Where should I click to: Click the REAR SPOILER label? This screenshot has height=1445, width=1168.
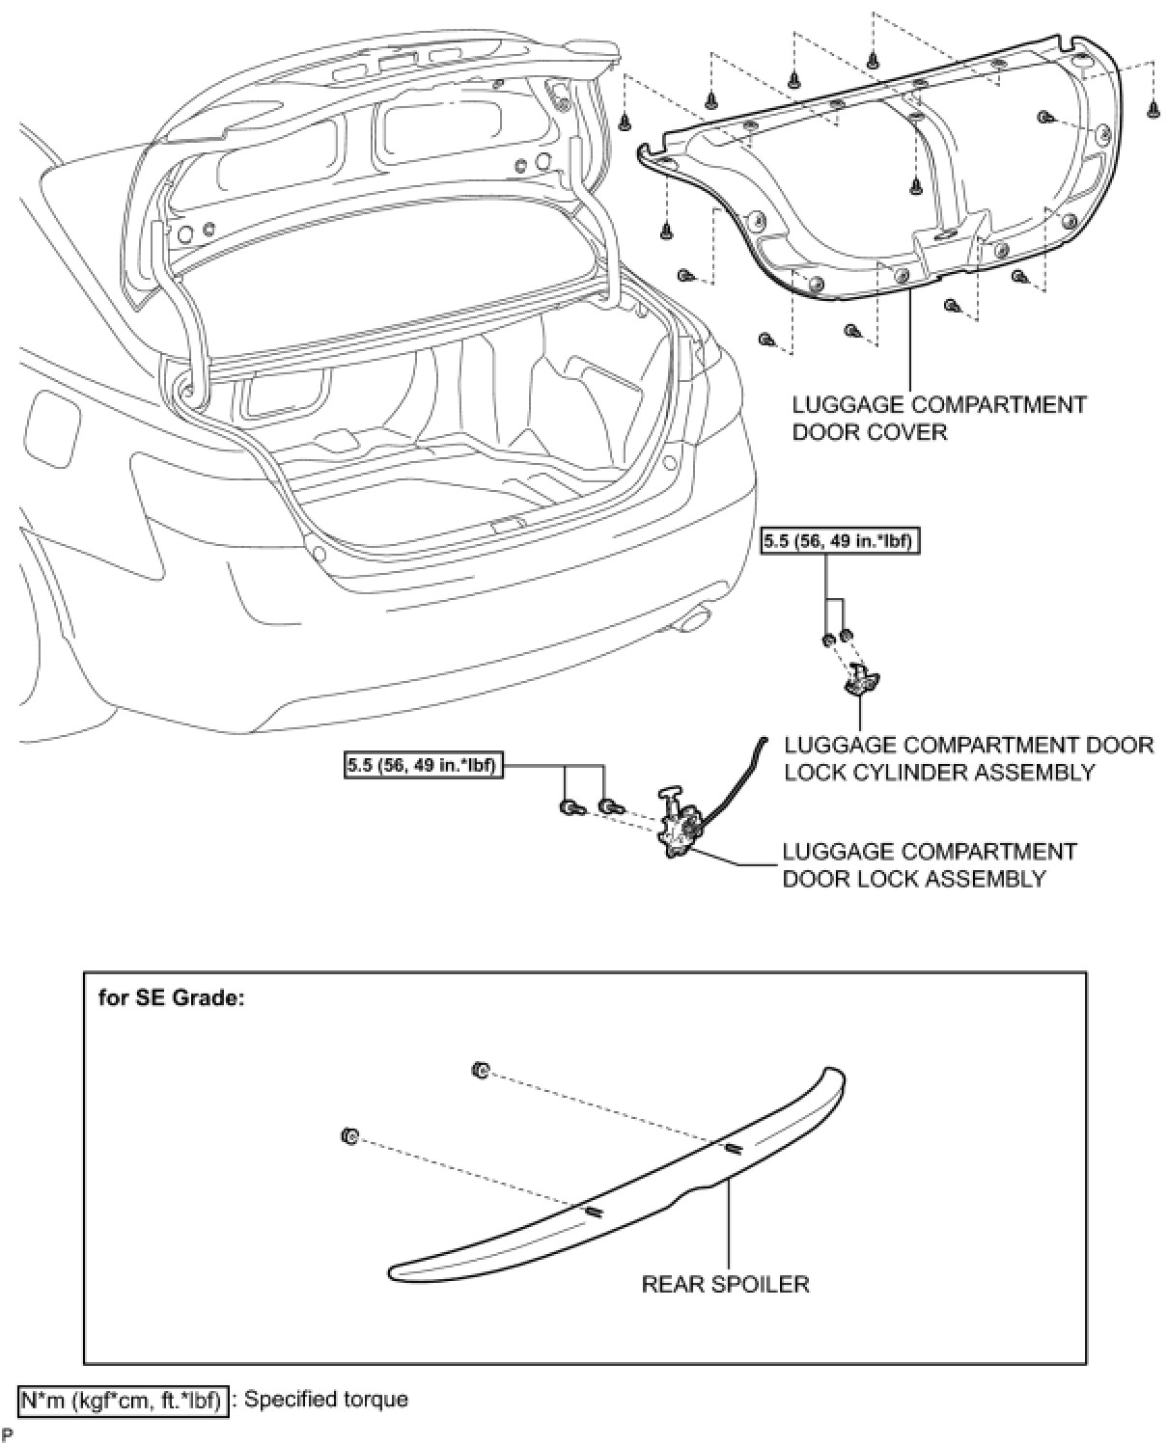725,1284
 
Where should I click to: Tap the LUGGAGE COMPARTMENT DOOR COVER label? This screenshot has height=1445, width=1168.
938,418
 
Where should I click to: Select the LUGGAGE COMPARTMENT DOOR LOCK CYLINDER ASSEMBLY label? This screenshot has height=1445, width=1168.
968,758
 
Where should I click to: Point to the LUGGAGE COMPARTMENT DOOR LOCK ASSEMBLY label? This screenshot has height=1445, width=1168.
929,865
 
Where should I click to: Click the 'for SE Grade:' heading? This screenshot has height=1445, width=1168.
172,997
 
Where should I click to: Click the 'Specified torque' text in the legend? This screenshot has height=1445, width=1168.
325,1399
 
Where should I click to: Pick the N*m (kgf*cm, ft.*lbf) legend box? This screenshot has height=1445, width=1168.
124,1399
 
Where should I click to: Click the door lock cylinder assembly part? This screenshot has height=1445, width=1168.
857,681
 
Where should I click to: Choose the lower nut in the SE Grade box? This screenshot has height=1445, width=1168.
349,1136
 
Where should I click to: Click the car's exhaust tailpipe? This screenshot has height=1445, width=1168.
689,623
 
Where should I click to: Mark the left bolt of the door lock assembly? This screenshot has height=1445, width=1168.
569,806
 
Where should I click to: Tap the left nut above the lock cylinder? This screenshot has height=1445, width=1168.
829,640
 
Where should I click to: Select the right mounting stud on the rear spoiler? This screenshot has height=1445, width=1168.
732,1147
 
